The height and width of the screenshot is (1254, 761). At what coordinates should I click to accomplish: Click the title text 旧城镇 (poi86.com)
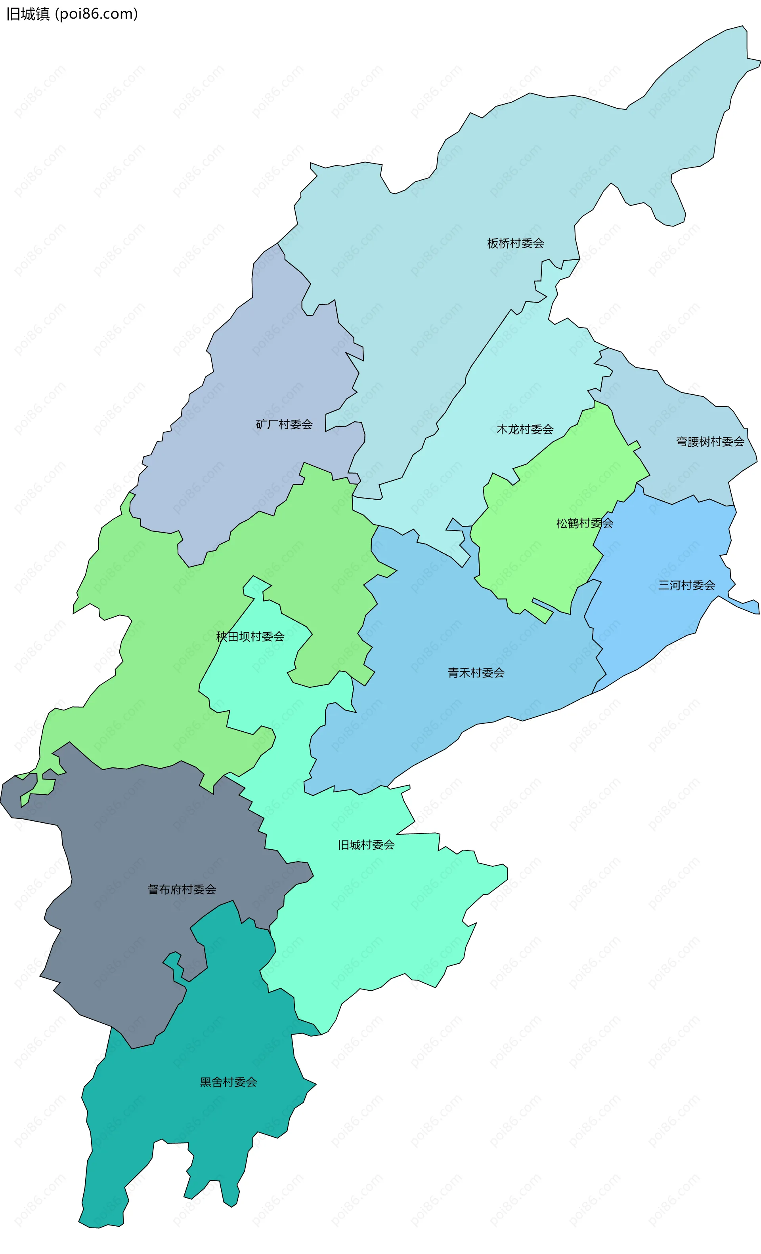[x=72, y=14]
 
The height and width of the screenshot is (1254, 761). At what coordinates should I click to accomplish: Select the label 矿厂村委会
[x=284, y=424]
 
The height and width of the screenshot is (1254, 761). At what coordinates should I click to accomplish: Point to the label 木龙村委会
[x=525, y=430]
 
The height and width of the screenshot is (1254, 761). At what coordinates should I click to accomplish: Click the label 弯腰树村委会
[x=709, y=442]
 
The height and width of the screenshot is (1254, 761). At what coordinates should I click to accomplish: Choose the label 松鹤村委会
[x=584, y=523]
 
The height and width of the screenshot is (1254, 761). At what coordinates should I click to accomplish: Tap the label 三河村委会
[x=686, y=585]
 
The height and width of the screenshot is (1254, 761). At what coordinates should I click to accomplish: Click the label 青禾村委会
[x=476, y=673]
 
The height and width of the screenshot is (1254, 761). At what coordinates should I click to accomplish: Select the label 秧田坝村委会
[x=250, y=637]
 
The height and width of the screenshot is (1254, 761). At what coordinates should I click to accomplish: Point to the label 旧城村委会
[x=366, y=845]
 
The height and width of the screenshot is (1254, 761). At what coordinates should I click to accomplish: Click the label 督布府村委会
[x=182, y=889]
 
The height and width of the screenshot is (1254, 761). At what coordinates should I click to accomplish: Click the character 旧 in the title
[x=13, y=14]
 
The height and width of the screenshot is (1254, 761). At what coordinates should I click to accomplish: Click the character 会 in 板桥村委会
[x=538, y=243]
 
